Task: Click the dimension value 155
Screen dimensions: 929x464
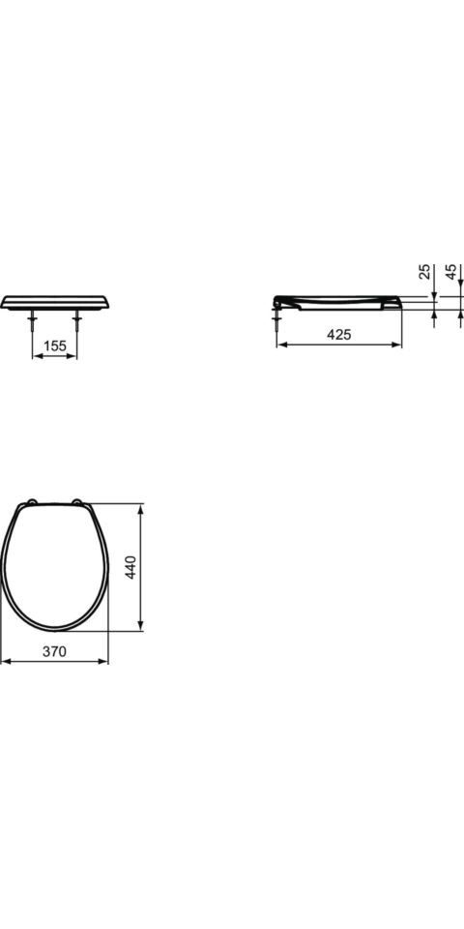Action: tap(55, 345)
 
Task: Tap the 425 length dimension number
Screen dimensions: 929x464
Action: tap(338, 335)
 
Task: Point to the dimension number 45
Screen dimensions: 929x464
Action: tap(451, 272)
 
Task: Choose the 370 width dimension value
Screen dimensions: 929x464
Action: tap(54, 652)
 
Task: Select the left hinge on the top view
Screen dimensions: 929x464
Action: tap(32, 502)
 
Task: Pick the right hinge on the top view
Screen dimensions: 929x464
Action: tap(77, 502)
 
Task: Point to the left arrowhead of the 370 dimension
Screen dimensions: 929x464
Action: tap(5, 662)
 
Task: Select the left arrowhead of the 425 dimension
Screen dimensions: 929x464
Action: tap(281, 344)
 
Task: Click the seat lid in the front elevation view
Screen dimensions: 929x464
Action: tap(54, 301)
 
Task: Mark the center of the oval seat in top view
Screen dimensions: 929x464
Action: tap(54, 566)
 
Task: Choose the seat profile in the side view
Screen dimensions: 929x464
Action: tap(338, 300)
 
